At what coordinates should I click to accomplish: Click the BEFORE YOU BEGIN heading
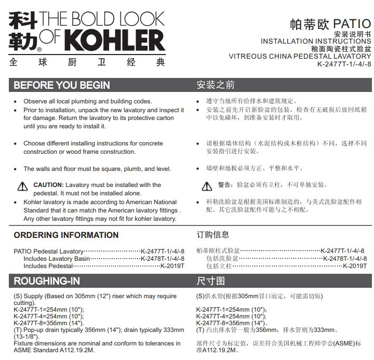(x=62, y=85)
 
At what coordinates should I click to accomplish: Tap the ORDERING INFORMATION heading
(x=66, y=235)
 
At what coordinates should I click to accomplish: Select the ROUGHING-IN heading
(x=47, y=281)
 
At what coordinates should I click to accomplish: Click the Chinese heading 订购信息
(x=212, y=235)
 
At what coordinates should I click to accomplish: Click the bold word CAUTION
(x=48, y=185)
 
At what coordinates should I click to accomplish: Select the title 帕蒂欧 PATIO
(x=330, y=24)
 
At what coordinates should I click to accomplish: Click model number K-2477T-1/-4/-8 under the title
(x=344, y=64)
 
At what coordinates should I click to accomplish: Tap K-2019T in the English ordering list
(x=172, y=266)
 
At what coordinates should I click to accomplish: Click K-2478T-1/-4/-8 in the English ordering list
(x=162, y=258)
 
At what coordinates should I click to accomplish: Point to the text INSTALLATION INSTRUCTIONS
(x=316, y=41)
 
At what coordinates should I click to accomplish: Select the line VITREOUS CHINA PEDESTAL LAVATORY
(x=300, y=56)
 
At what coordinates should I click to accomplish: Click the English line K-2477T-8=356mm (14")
(x=48, y=323)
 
